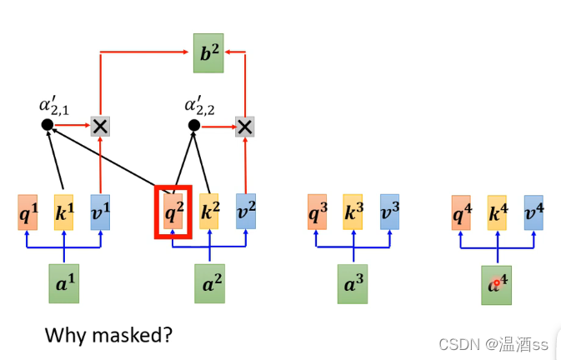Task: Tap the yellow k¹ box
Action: click(x=64, y=212)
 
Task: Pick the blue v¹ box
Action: click(x=100, y=212)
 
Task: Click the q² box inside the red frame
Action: click(x=173, y=212)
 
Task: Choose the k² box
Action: click(x=209, y=212)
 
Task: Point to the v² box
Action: click(x=245, y=212)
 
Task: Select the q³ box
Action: click(x=317, y=212)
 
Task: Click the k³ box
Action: click(x=353, y=212)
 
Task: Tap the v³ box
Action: click(x=389, y=212)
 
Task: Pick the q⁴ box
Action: click(x=461, y=212)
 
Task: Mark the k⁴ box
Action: click(x=498, y=212)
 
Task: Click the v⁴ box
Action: click(x=533, y=212)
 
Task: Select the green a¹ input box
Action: click(x=64, y=283)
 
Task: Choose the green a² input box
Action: click(x=209, y=283)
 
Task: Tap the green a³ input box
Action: click(x=353, y=282)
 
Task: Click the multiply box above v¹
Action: click(x=100, y=126)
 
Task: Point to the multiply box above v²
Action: click(x=244, y=126)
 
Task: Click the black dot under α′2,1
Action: click(x=48, y=125)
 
